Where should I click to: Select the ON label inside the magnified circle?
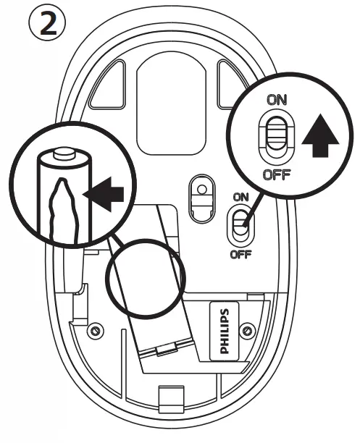click(276, 101)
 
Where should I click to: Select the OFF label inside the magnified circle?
click(276, 174)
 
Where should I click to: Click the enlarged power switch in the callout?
click(276, 137)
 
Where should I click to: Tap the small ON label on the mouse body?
click(240, 196)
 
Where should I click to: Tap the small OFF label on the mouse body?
click(240, 255)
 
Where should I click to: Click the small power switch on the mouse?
click(240, 225)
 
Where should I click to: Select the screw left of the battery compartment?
click(93, 330)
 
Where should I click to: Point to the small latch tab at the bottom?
click(170, 397)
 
